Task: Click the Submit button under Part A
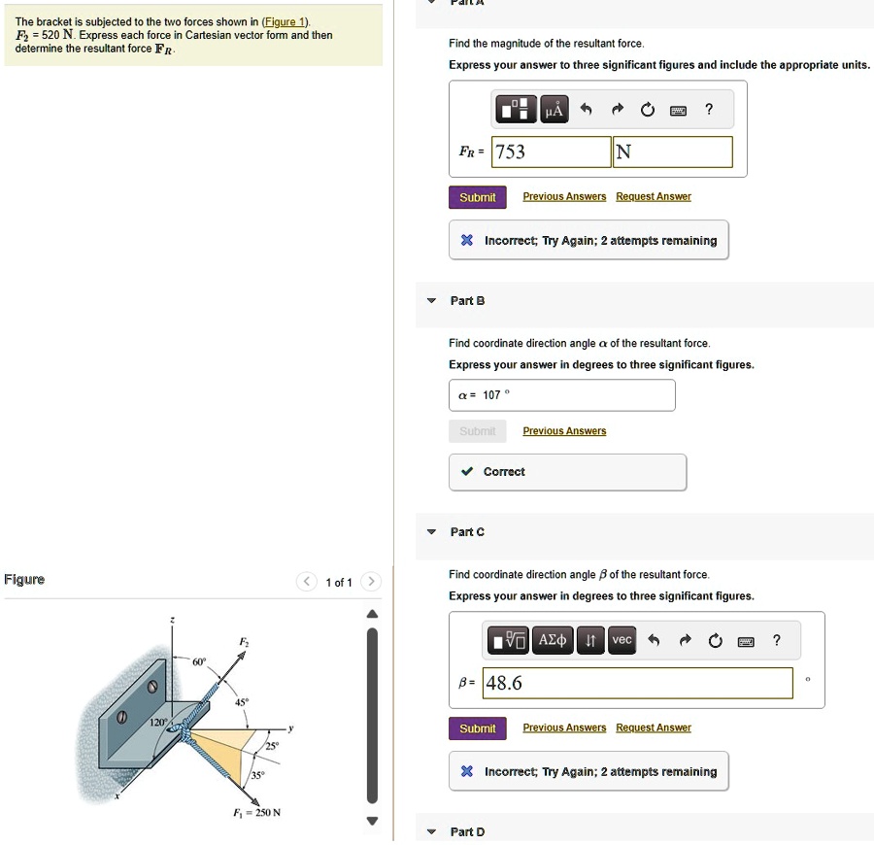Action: point(477,197)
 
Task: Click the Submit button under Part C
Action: point(477,728)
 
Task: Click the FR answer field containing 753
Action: point(550,152)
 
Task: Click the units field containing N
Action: point(672,152)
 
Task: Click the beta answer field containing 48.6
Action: point(637,683)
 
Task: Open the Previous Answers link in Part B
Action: point(564,431)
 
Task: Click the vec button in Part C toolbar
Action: point(622,639)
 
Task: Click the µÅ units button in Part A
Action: point(553,110)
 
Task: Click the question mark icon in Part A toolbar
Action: point(709,109)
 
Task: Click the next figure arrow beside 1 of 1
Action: point(370,582)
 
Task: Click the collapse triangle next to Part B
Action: point(432,301)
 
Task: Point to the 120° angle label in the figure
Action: point(157,724)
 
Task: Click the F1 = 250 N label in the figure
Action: point(255,812)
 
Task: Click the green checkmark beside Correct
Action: point(467,472)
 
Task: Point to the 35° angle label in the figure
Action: point(256,775)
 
